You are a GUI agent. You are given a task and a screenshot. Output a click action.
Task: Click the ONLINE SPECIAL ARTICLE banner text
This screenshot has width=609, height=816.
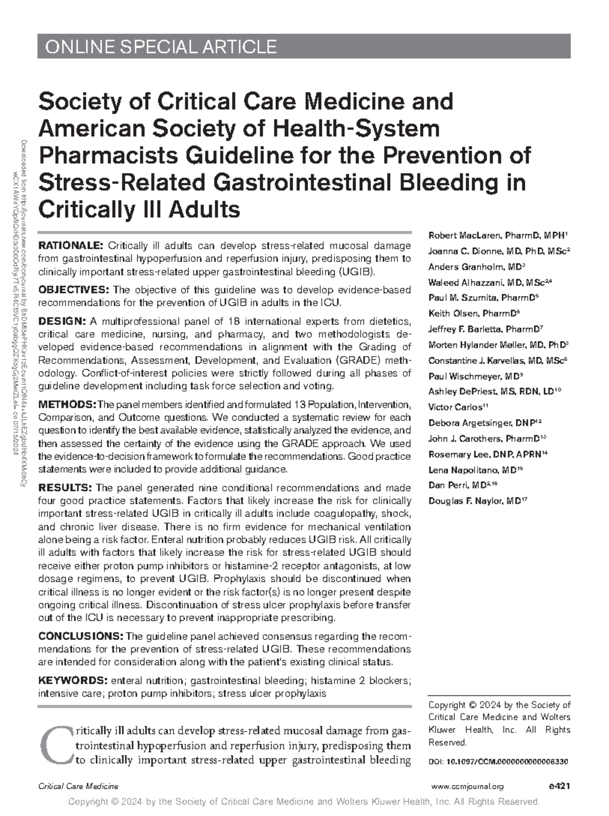[x=161, y=47]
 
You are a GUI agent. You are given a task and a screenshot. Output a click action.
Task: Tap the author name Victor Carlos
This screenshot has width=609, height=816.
[x=455, y=407]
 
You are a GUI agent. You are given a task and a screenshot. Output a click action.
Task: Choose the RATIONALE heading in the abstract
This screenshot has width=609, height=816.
[x=71, y=246]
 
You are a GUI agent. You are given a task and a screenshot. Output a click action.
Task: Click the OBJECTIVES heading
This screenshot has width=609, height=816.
[x=74, y=290]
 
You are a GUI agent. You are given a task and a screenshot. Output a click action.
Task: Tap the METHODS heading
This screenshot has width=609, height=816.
[x=66, y=405]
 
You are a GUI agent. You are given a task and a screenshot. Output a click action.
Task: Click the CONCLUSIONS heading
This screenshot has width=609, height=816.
[x=81, y=637]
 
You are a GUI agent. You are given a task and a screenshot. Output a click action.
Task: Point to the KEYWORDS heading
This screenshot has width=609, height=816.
[x=73, y=681]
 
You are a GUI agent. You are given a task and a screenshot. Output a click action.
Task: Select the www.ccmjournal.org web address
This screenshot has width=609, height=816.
[x=467, y=787]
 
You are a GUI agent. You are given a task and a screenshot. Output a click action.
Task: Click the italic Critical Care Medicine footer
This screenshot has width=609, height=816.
[x=79, y=787]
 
